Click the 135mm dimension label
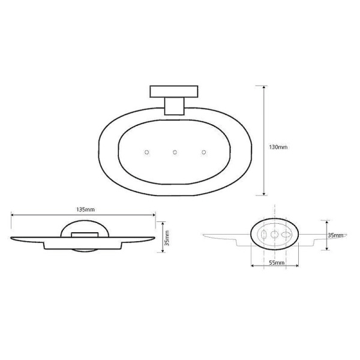tap(85, 210)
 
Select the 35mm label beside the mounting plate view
tap(335, 235)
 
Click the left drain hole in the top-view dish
tap(146, 152)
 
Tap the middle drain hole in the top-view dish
tap(175, 152)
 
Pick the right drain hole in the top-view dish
tap(203, 152)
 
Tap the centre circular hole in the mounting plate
tap(275, 235)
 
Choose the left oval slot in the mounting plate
tap(263, 235)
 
